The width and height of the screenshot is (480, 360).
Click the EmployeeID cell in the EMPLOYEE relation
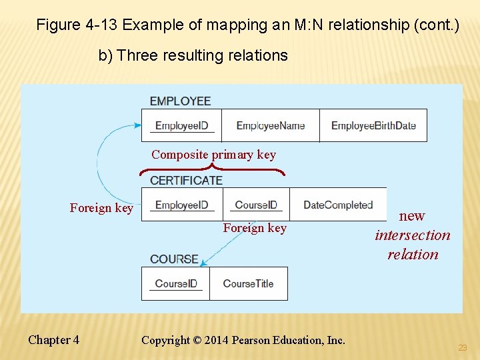[x=181, y=125]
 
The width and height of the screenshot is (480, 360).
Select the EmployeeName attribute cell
[x=270, y=125]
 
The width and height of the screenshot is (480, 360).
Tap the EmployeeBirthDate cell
[x=373, y=125]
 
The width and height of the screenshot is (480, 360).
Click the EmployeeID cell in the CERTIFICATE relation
[x=181, y=205]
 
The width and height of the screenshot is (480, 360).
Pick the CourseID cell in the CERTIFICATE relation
[x=256, y=205]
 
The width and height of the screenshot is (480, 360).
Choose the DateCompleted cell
[x=338, y=205]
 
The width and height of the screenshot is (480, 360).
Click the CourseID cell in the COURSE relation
[x=176, y=283]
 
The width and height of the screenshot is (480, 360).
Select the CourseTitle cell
[x=248, y=283]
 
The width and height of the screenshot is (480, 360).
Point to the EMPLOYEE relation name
[x=180, y=101]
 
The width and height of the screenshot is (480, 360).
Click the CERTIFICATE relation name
[x=186, y=180]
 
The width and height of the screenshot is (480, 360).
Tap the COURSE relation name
[x=174, y=259]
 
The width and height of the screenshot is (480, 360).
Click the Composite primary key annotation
[x=213, y=155]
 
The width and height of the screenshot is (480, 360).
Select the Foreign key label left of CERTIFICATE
[x=101, y=208]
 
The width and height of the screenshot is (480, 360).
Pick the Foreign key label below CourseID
[x=255, y=228]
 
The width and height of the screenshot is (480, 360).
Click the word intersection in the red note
[x=413, y=235]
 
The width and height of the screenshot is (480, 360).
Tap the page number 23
[x=462, y=348]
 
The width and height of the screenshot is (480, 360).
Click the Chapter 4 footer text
[x=53, y=340]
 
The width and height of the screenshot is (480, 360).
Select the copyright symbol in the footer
[x=197, y=340]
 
